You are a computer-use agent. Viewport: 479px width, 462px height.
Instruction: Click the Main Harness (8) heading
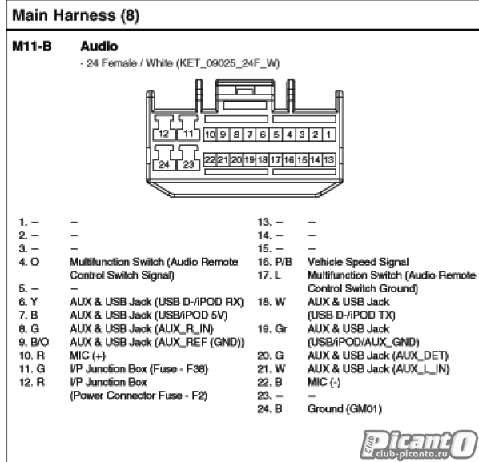tap(76, 15)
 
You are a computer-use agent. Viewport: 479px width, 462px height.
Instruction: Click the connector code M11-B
tap(32, 46)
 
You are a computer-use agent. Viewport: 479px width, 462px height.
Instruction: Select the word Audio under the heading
tap(99, 46)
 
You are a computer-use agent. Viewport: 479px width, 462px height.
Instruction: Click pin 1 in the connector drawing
tap(328, 135)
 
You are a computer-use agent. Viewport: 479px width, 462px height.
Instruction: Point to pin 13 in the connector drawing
tap(328, 159)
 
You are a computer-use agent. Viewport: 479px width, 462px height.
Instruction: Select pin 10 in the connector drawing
tap(210, 135)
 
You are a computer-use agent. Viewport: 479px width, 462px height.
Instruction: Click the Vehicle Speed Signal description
tap(358, 262)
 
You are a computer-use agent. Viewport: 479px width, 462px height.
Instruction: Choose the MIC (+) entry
tap(87, 356)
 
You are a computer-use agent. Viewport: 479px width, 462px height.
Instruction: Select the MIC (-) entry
tap(324, 382)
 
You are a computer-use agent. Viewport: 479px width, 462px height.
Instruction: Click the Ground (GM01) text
tap(345, 408)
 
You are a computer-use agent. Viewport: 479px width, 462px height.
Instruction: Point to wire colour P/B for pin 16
tap(284, 262)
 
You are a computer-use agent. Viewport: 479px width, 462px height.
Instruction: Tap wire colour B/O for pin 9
tap(40, 342)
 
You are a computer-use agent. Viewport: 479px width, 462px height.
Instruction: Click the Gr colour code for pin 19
tap(281, 329)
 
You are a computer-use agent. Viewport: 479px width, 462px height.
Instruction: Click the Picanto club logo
tap(418, 444)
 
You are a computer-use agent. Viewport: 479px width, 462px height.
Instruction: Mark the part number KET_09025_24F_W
tap(228, 63)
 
